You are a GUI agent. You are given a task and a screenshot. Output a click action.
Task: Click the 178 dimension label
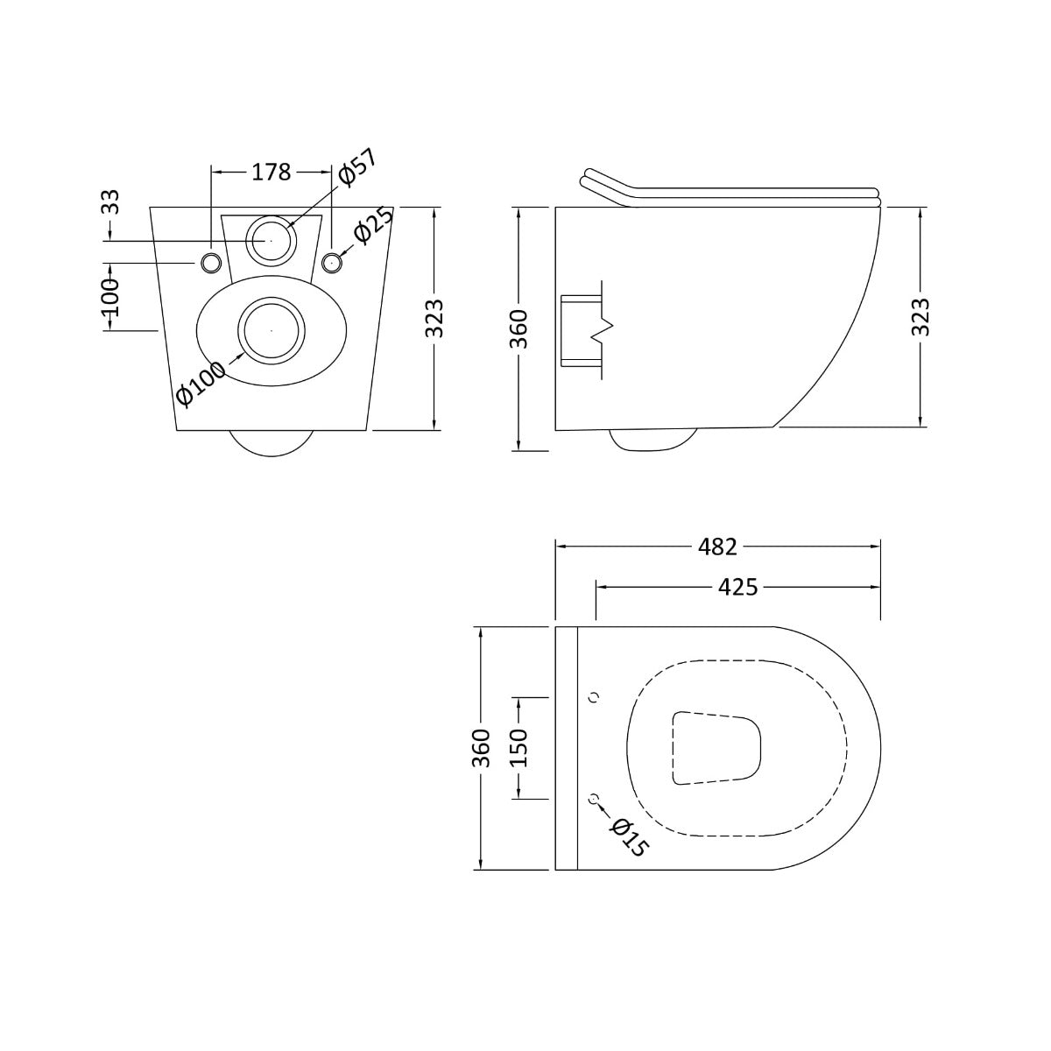pyautogui.click(x=272, y=173)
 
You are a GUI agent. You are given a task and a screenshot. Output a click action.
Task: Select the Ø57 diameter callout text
pyautogui.click(x=356, y=167)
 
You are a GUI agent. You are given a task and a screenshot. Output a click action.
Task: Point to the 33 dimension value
pyautogui.click(x=111, y=202)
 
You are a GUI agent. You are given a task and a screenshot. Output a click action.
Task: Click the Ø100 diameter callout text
pyautogui.click(x=201, y=384)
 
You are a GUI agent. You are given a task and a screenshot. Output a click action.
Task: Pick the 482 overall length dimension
pyautogui.click(x=718, y=547)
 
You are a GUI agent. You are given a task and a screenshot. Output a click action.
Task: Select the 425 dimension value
pyautogui.click(x=737, y=587)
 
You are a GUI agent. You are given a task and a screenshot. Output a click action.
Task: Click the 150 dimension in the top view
pyautogui.click(x=518, y=748)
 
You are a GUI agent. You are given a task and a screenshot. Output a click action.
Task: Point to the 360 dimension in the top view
pyautogui.click(x=481, y=748)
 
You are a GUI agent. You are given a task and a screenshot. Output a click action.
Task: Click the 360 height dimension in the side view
pyautogui.click(x=519, y=328)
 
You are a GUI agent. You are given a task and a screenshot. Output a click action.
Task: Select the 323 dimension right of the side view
pyautogui.click(x=920, y=317)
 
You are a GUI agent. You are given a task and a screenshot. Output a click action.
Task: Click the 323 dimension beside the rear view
pyautogui.click(x=435, y=319)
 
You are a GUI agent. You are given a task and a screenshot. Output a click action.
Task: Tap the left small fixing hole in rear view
pyautogui.click(x=211, y=262)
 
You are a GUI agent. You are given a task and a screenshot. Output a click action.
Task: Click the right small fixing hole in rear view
pyautogui.click(x=331, y=262)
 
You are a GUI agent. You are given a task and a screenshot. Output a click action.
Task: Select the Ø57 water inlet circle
pyautogui.click(x=271, y=238)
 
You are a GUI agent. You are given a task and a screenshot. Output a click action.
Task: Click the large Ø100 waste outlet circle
pyautogui.click(x=272, y=330)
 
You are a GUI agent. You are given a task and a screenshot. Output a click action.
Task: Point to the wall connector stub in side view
pyautogui.click(x=580, y=329)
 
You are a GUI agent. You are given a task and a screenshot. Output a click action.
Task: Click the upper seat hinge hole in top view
pyautogui.click(x=596, y=697)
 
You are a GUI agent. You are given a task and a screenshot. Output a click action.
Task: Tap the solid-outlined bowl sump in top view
pyautogui.click(x=716, y=747)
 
